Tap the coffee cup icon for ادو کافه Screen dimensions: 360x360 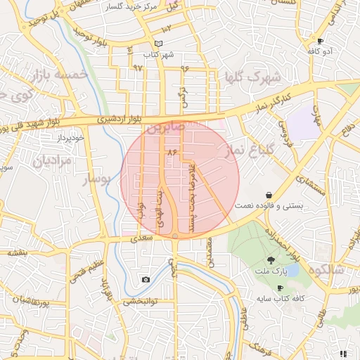pyautogui.click(x=321, y=41)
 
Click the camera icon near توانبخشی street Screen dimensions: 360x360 pyautogui.click(x=146, y=280)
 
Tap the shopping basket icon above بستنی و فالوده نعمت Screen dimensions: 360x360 pyautogui.click(x=269, y=195)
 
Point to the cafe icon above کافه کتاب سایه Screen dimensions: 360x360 pyautogui.click(x=280, y=288)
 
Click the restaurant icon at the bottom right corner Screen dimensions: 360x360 pyautogui.click(x=343, y=353)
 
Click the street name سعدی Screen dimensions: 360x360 pyautogui.click(x=141, y=240)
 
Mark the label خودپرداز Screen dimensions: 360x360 pyautogui.click(x=72, y=139)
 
